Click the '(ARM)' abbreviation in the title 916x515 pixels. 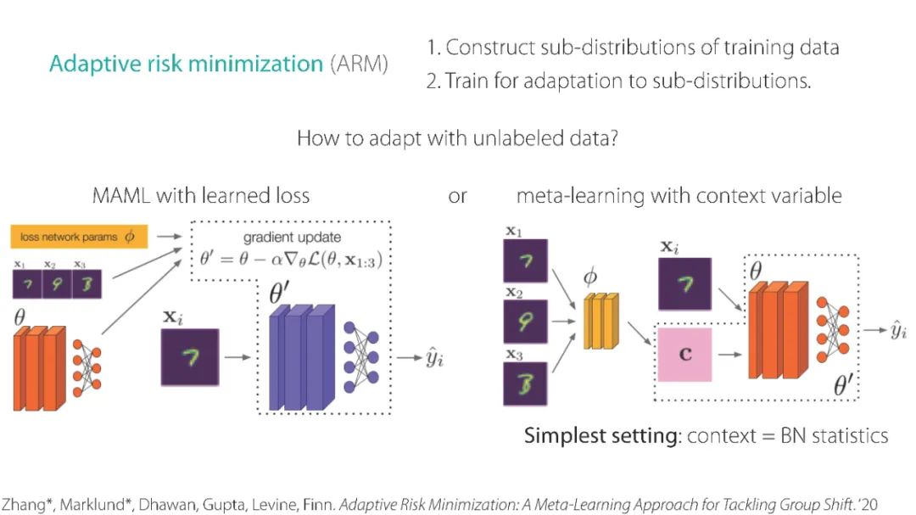click(x=360, y=64)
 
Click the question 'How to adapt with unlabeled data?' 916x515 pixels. click(x=457, y=138)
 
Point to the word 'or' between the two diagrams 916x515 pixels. click(x=457, y=196)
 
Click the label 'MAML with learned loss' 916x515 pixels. click(x=200, y=196)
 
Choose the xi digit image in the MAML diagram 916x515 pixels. click(x=191, y=356)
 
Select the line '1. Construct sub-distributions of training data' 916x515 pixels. click(x=633, y=48)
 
